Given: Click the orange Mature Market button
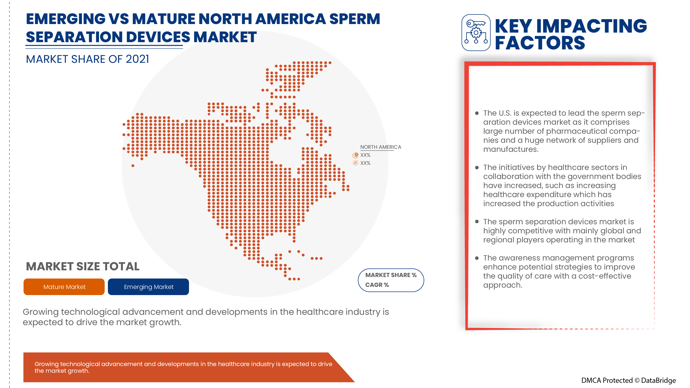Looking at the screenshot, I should coord(64,287).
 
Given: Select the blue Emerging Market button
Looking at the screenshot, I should coord(149,287).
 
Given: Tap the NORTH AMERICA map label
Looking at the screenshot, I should coord(380,147).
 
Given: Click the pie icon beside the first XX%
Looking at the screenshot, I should coord(355,155).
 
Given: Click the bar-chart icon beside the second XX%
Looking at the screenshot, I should coord(355,163).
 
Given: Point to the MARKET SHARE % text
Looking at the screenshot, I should coord(391,275).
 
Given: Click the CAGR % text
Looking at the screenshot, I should coord(377,285).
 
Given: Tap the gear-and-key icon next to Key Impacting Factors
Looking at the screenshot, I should coord(476,33).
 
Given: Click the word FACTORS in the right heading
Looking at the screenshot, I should coord(540,43).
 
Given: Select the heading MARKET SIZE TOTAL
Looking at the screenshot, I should coord(83,266).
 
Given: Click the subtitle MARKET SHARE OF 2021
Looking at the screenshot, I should coord(87,59).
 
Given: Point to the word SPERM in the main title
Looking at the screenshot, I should coord(354,19).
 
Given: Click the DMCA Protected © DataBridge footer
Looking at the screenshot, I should coord(628,380).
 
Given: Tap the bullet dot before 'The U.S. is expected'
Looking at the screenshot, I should coord(477,113).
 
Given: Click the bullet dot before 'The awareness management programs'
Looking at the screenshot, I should coord(477,258).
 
